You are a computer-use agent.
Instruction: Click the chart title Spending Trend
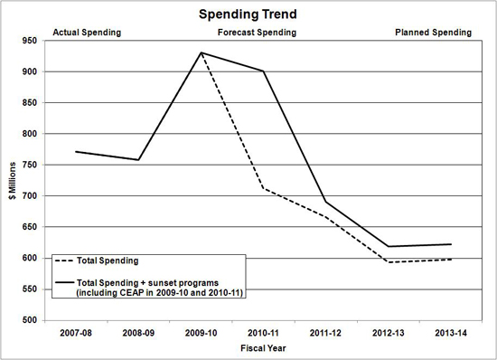248,15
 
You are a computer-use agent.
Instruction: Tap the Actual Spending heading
88,33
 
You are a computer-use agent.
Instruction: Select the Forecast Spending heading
258,33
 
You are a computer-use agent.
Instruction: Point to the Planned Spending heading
433,33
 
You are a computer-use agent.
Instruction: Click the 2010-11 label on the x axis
263,332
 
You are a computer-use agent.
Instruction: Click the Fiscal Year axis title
263,347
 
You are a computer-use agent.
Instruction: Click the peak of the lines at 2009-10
201,52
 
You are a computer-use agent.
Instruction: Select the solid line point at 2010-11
263,71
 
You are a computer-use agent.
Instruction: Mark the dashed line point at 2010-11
263,188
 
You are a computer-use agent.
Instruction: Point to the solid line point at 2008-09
138,160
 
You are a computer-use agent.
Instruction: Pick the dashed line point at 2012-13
388,262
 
